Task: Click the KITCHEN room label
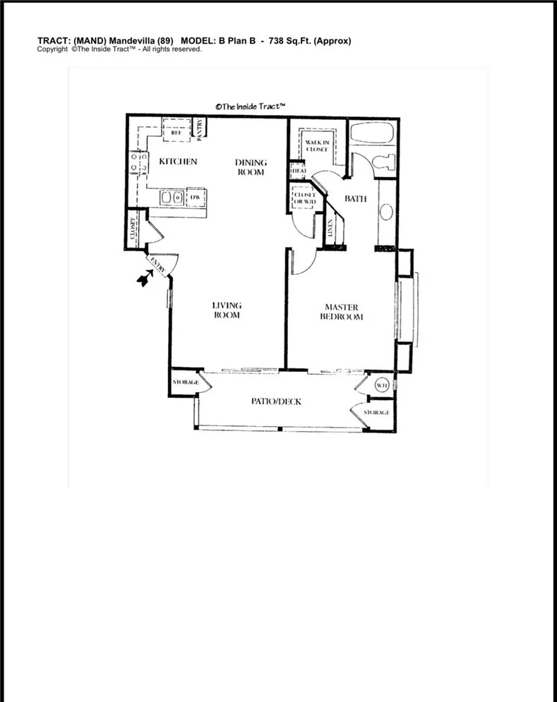pos(177,162)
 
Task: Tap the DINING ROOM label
pos(251,168)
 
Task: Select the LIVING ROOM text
pos(227,310)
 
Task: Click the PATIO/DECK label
pos(277,401)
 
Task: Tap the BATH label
pos(355,199)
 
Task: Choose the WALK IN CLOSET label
pos(317,146)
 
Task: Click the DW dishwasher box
pos(195,197)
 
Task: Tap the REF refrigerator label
pos(176,132)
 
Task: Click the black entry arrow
pos(145,280)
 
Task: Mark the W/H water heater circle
pos(381,385)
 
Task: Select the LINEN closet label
pos(330,228)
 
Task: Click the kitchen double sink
pos(171,197)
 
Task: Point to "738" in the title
pos(278,41)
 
